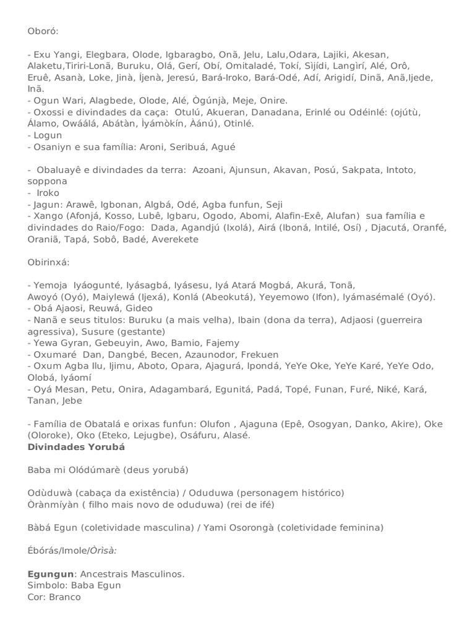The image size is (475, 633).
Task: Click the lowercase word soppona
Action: click(x=48, y=182)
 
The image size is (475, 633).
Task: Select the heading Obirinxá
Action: click(x=49, y=263)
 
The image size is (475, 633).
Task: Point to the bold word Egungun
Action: click(x=46, y=574)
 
